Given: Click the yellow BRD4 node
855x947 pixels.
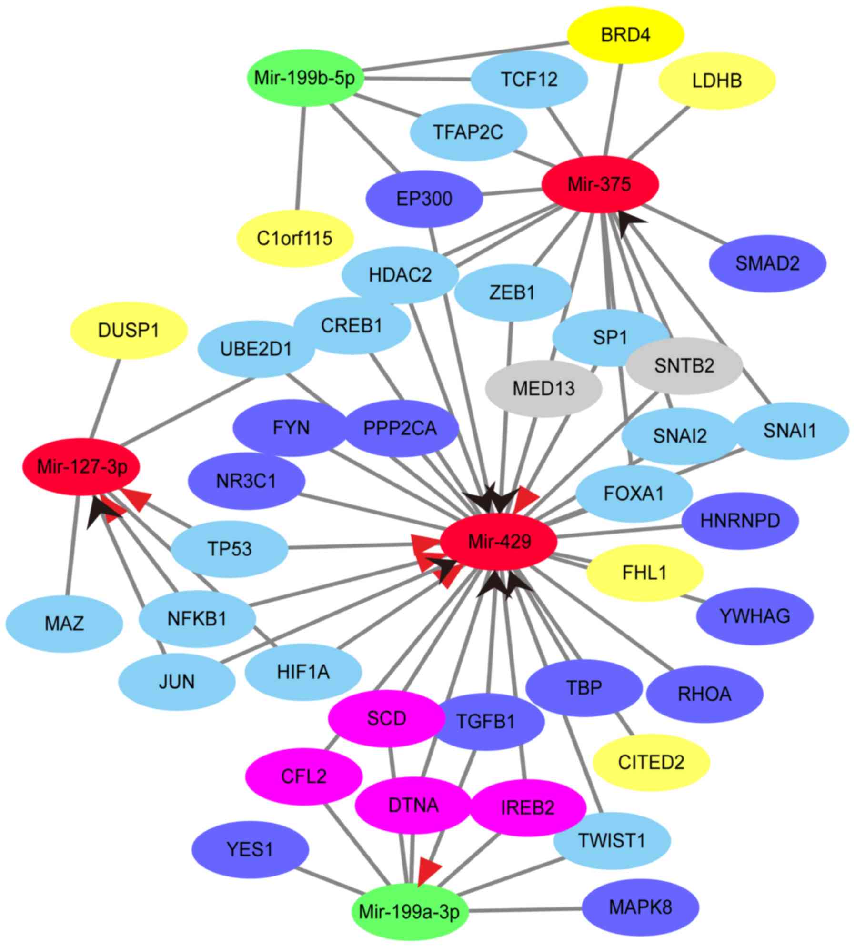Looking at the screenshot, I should pos(625,35).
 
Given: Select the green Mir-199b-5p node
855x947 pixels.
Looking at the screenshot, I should pos(305,78).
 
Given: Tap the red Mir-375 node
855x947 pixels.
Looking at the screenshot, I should pos(600,184).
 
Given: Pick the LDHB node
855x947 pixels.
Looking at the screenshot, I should pos(717,81).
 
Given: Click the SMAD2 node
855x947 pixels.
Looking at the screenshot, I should pos(767,263).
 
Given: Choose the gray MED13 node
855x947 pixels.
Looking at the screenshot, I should pos(543,389).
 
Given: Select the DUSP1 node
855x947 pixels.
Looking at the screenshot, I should pos(129,330).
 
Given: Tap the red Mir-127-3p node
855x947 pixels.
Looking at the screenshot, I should pos(82,467).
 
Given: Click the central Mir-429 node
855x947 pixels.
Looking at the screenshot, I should pos(499,542).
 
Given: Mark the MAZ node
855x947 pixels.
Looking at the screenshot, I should pos(64,623).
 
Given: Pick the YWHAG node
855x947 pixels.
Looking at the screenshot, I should pos(754,616).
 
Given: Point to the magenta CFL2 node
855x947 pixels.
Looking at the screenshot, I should pos(303,776).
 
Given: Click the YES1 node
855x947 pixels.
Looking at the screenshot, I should pos(250,849).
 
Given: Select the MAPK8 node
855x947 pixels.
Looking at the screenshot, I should pos(640,907).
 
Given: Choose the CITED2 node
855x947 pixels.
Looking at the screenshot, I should pos(651,762).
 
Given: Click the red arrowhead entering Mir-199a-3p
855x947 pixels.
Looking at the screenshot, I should pos(428,871).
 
